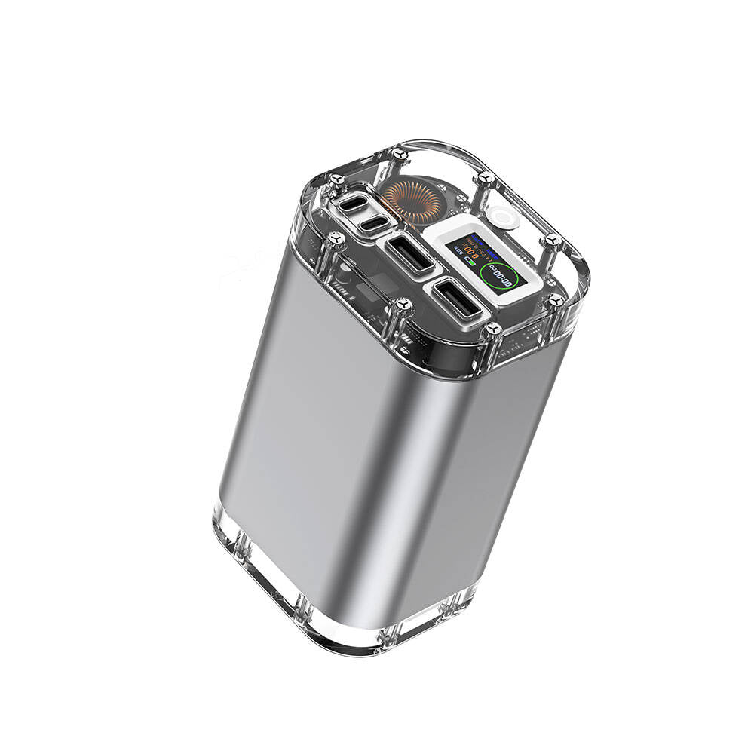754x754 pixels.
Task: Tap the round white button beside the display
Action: pyautogui.click(x=502, y=217)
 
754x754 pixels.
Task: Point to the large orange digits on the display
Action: pyautogui.click(x=474, y=252)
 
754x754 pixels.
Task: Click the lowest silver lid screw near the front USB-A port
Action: pyautogui.click(x=493, y=329)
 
